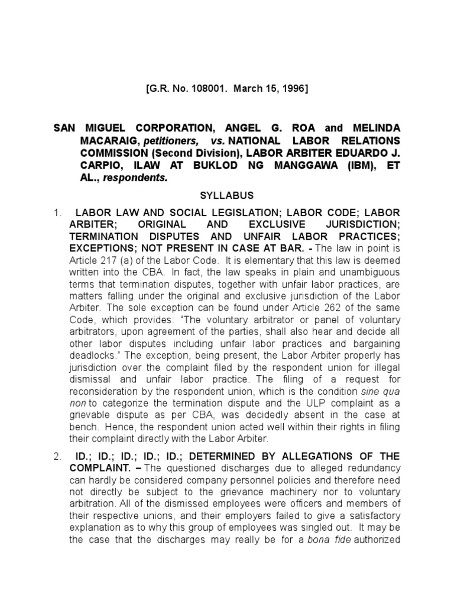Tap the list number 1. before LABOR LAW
click(56, 212)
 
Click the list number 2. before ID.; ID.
click(56, 456)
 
